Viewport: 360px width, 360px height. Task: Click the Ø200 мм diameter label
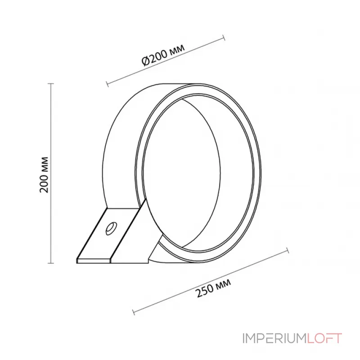click(x=163, y=56)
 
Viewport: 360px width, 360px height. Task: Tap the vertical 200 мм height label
click(x=44, y=175)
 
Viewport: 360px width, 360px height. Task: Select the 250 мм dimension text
click(x=214, y=288)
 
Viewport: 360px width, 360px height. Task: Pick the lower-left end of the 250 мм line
click(x=134, y=312)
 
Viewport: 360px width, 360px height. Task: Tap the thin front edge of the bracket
click(x=94, y=260)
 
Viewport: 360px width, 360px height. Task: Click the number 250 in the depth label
click(x=205, y=292)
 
